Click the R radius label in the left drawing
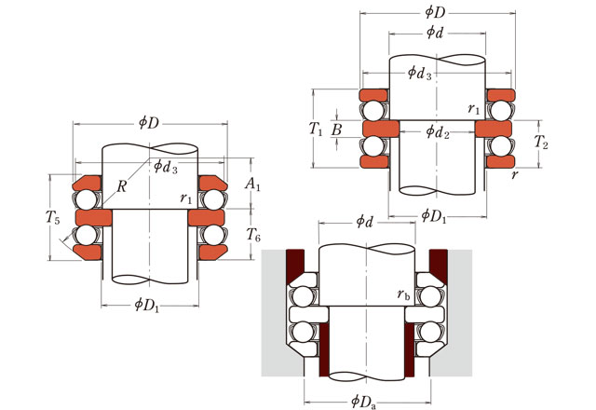tap(122, 186)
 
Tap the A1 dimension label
tap(252, 186)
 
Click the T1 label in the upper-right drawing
tap(317, 128)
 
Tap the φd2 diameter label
tap(438, 131)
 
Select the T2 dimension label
tap(540, 143)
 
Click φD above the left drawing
tap(149, 122)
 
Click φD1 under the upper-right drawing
tap(434, 215)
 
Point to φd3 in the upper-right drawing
tap(421, 73)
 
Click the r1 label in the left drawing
tap(186, 198)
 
